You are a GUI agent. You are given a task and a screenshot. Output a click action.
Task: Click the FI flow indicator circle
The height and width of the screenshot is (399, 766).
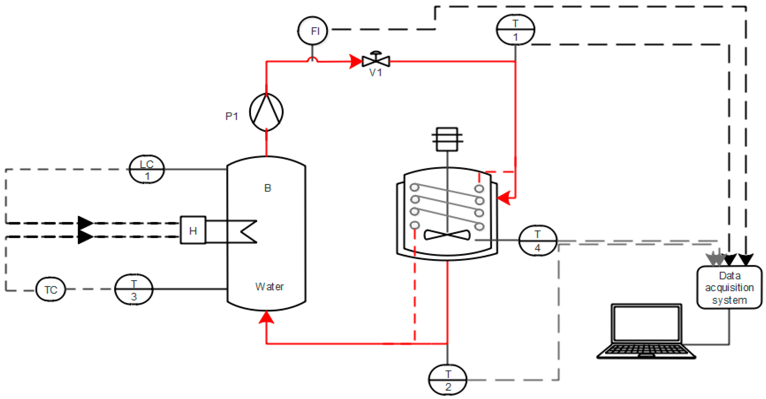pos(313,31)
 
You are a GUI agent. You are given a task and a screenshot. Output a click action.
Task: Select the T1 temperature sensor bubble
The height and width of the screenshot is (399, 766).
pos(515,30)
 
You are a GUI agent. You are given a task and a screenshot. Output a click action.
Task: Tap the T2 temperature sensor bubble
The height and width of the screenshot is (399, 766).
pos(448,380)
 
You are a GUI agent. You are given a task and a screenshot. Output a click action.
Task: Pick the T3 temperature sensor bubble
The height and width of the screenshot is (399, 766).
pos(134,290)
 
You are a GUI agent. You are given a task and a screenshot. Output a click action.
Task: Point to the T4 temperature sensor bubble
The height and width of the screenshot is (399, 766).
pos(538,241)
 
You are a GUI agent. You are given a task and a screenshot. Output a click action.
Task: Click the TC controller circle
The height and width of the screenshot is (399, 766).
pos(51,290)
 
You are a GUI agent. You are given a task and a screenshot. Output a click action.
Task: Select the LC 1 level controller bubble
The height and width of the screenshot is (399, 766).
pos(147,169)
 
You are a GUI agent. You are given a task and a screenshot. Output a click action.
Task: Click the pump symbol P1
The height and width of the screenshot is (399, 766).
pos(266,112)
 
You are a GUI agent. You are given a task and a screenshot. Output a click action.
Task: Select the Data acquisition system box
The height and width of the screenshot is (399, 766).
pos(729,287)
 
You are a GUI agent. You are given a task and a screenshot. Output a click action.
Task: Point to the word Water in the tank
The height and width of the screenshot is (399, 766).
pos(269,287)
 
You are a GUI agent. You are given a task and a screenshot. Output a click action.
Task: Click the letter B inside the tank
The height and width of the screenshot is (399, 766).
pos(268,188)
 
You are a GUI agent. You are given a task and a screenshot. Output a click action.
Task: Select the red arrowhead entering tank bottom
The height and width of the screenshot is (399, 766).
pos(266,317)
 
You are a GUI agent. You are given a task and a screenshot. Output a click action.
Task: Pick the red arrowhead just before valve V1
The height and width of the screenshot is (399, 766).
pos(355,62)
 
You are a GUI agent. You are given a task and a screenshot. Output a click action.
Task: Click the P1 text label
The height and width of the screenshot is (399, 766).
pos(232,116)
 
